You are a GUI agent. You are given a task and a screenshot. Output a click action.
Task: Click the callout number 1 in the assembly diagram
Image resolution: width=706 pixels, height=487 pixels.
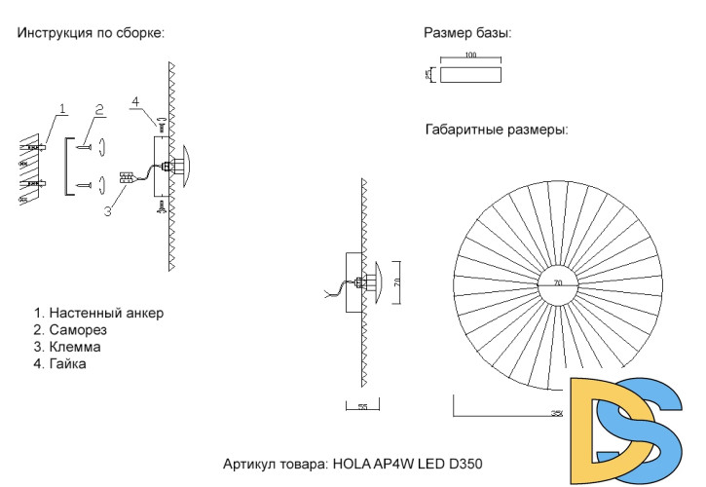coord(61,107)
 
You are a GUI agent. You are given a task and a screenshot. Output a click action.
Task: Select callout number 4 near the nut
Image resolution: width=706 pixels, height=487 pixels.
coord(135,101)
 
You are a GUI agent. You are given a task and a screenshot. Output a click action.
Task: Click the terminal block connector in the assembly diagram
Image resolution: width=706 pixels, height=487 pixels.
coord(126,178)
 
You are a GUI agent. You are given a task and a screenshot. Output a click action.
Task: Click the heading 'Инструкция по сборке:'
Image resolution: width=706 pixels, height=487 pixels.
coord(90,32)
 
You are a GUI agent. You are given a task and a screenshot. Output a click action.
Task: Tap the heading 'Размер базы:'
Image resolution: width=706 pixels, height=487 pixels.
coord(467,33)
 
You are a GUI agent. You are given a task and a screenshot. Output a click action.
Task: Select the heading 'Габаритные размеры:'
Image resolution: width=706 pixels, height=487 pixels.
coord(497,129)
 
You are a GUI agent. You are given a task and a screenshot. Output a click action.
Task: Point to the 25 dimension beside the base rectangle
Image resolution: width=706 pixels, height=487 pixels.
coord(428,74)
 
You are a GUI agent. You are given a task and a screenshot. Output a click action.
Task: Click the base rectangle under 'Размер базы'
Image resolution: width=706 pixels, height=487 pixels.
coord(471,75)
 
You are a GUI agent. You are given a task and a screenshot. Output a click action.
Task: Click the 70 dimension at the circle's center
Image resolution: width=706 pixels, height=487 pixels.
coord(558,283)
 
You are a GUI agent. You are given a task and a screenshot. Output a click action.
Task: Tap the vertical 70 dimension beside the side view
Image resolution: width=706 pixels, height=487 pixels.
coord(396,282)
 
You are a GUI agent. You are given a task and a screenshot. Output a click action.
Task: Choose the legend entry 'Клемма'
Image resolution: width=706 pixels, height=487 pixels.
coord(74,347)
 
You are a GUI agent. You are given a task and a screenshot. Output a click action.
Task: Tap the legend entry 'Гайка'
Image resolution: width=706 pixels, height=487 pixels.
coord(67,364)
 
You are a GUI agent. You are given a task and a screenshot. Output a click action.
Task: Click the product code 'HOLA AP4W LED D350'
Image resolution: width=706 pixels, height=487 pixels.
coord(408,464)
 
